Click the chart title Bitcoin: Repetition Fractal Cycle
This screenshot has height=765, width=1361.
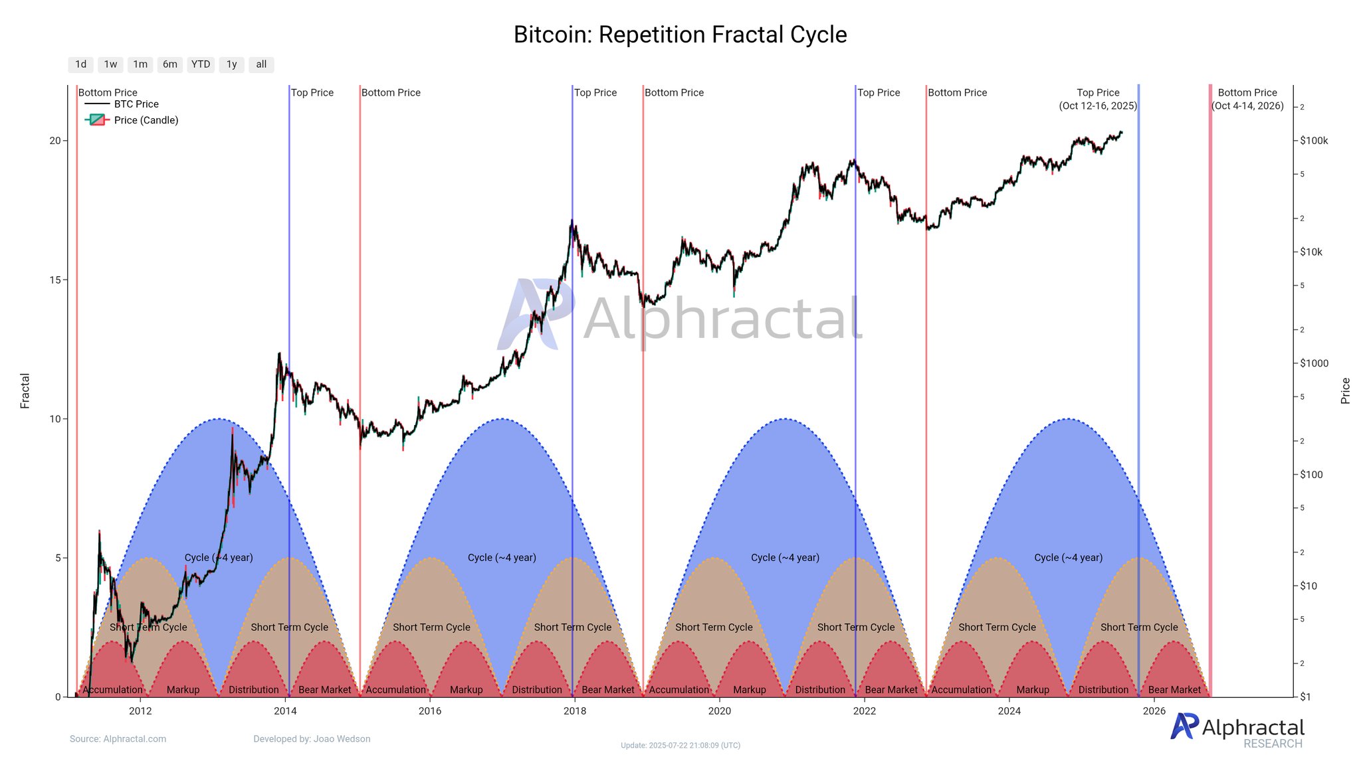click(680, 35)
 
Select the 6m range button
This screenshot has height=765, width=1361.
click(170, 64)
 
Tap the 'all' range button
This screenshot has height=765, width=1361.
click(261, 64)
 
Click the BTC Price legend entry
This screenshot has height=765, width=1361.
click(136, 104)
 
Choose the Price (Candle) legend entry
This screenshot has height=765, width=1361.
click(146, 120)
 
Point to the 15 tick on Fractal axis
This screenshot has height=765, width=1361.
click(54, 280)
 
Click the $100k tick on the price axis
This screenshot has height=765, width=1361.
click(1314, 141)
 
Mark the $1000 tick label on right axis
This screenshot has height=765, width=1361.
click(1314, 363)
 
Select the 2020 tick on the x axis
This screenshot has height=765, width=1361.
click(719, 711)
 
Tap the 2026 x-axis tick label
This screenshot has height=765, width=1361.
click(1154, 711)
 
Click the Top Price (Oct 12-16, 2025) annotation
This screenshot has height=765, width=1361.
click(1098, 99)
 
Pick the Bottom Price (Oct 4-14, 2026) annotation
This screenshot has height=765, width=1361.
click(1247, 99)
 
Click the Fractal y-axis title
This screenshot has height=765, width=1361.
click(25, 390)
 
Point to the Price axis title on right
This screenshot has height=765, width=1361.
click(1346, 390)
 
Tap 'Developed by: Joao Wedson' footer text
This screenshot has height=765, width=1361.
click(312, 739)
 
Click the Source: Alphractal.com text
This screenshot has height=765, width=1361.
click(118, 739)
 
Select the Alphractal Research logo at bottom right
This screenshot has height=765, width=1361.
click(1237, 730)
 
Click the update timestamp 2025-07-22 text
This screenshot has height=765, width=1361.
click(680, 746)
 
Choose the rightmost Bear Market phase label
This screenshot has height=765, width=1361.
click(1174, 690)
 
